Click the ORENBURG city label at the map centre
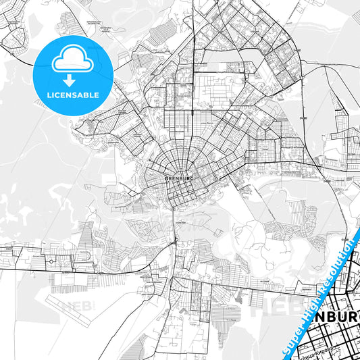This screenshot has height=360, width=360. [180, 178]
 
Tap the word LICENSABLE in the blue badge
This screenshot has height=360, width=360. [73, 95]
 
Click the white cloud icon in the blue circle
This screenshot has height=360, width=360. [73, 61]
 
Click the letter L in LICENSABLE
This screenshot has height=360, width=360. [49, 95]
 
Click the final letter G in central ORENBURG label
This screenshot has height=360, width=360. [192, 178]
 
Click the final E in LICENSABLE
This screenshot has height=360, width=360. [97, 95]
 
